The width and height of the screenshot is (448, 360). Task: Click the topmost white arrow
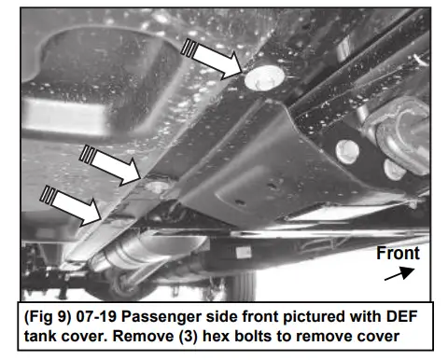click(x=212, y=59)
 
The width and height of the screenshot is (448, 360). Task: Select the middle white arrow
click(x=110, y=165)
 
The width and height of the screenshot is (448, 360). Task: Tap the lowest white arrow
click(x=71, y=205)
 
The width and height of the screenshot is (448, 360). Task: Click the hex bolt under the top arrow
click(x=264, y=78)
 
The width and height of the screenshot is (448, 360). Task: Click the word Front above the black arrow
click(x=398, y=253)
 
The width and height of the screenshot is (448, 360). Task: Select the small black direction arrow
click(x=399, y=273)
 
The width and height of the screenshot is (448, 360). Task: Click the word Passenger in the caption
click(x=161, y=317)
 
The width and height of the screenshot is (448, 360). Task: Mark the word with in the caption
click(x=366, y=316)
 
